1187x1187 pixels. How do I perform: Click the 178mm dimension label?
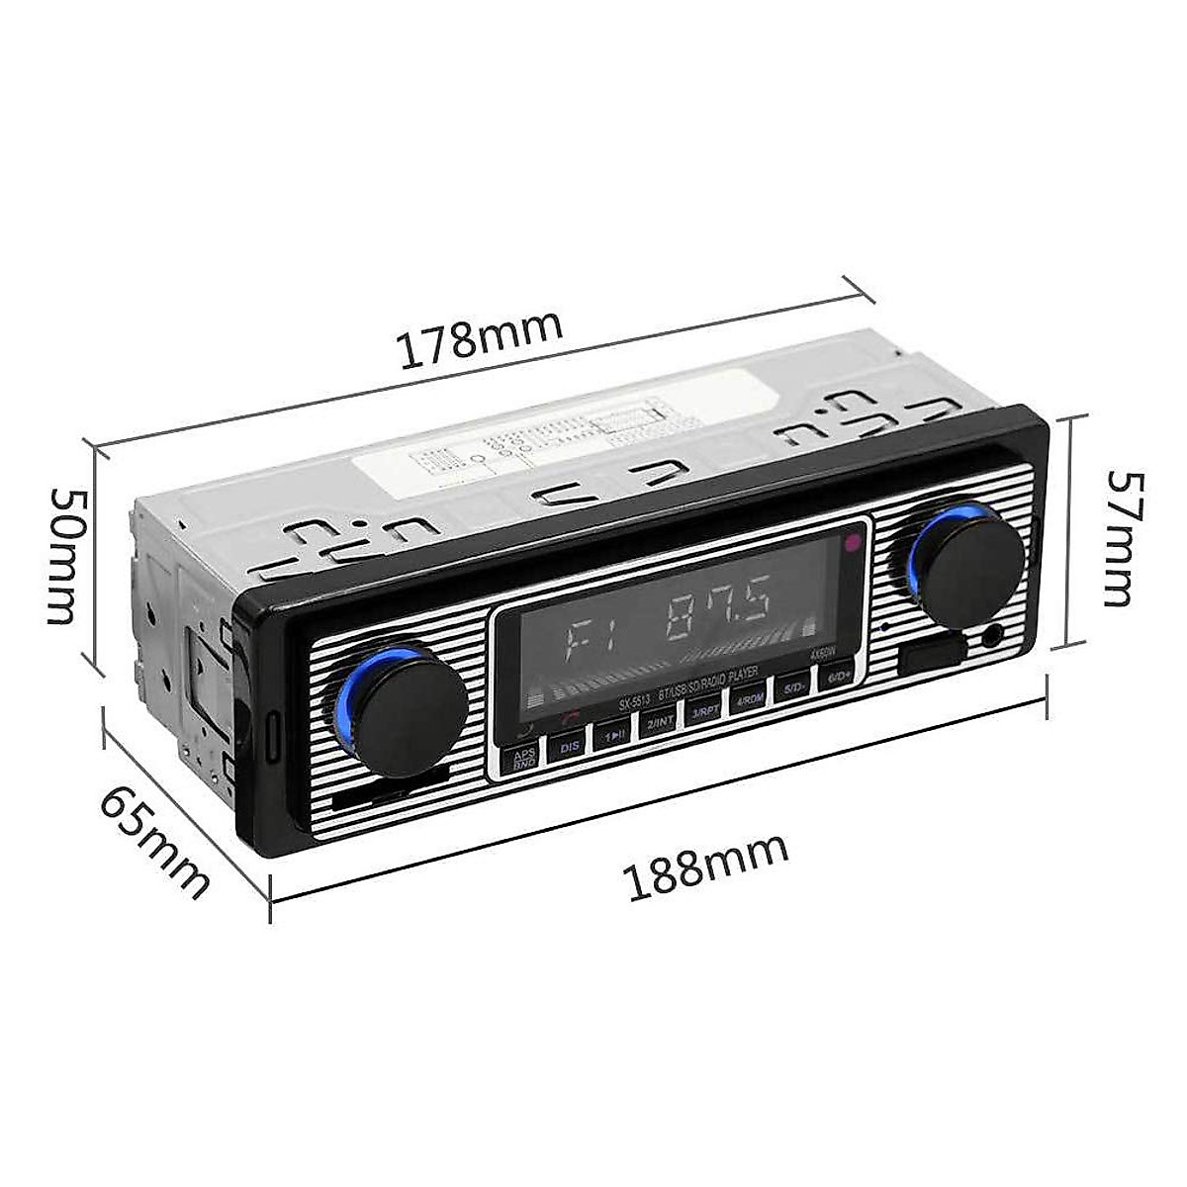pyautogui.click(x=480, y=335)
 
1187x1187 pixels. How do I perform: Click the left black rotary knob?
pyautogui.click(x=411, y=708)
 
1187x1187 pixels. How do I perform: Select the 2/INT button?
pyautogui.click(x=658, y=722)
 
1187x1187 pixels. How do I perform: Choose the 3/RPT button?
pyautogui.click(x=704, y=710)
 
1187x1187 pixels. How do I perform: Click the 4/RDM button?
pyautogui.click(x=749, y=698)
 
